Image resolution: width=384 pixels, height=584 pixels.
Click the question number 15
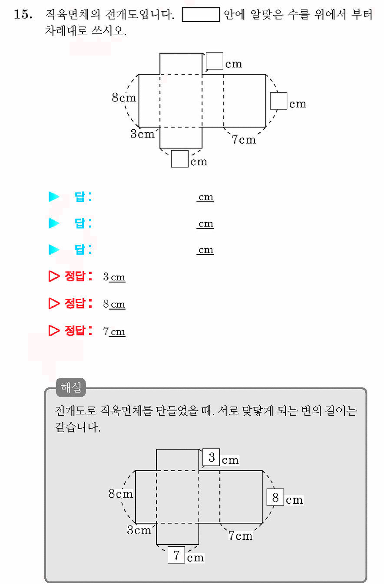(23, 14)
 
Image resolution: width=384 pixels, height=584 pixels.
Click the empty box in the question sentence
(201, 14)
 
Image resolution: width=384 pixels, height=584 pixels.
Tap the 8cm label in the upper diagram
(124, 98)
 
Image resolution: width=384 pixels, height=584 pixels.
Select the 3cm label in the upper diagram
(142, 134)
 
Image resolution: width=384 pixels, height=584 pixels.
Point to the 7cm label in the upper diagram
(244, 139)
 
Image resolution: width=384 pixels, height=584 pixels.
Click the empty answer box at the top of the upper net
(214, 61)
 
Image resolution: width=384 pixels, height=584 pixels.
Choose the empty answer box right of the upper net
(278, 101)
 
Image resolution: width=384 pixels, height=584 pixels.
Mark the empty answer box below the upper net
(179, 159)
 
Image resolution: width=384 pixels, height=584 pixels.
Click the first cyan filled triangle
(54, 197)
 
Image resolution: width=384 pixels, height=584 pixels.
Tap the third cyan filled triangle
(54, 249)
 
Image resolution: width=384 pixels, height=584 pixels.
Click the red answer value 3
(106, 277)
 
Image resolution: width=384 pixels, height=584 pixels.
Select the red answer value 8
(106, 304)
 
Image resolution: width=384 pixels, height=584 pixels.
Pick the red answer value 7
(106, 331)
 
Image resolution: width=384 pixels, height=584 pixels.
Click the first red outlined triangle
(54, 276)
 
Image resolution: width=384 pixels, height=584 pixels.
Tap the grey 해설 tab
(71, 387)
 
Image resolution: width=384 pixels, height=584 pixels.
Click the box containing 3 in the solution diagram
(211, 457)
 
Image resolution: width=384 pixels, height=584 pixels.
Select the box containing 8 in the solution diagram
(275, 497)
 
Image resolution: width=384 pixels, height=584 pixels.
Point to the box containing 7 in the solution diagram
(176, 555)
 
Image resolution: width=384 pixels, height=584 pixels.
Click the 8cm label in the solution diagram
(121, 494)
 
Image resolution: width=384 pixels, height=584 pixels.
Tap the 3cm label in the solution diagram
(139, 530)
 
